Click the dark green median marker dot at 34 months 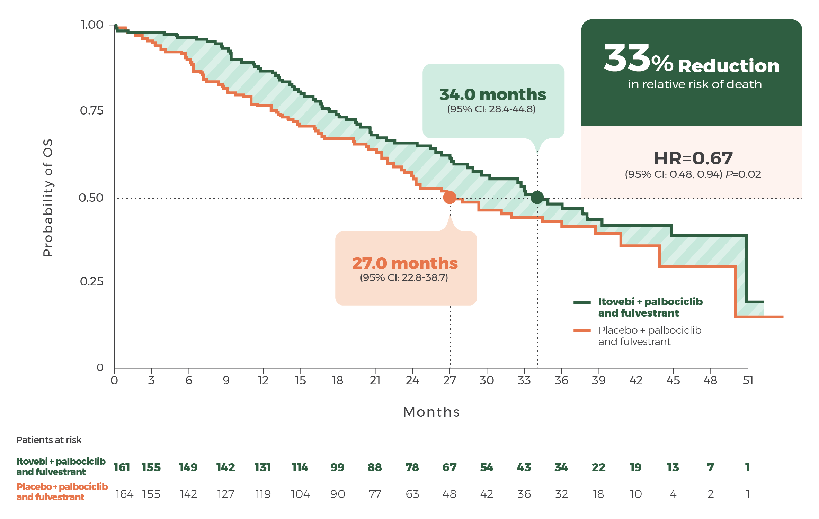pos(537,197)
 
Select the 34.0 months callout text pos(493,94)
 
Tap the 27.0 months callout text pos(405,263)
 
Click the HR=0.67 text pos(693,158)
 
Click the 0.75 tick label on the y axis pos(92,111)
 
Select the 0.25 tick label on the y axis pos(92,282)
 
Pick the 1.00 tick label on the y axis pos(92,25)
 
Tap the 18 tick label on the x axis pos(337,381)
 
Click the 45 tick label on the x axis pos(673,381)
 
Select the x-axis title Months pos(431,412)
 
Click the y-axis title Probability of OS pos(48,198)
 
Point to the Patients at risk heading pos(49,440)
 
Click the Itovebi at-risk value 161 pos(122,467)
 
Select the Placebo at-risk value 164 pos(124,494)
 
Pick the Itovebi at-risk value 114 pos(300,467)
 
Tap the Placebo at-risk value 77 pos(375,494)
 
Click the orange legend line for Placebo pos(582,330)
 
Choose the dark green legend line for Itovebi pos(582,302)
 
